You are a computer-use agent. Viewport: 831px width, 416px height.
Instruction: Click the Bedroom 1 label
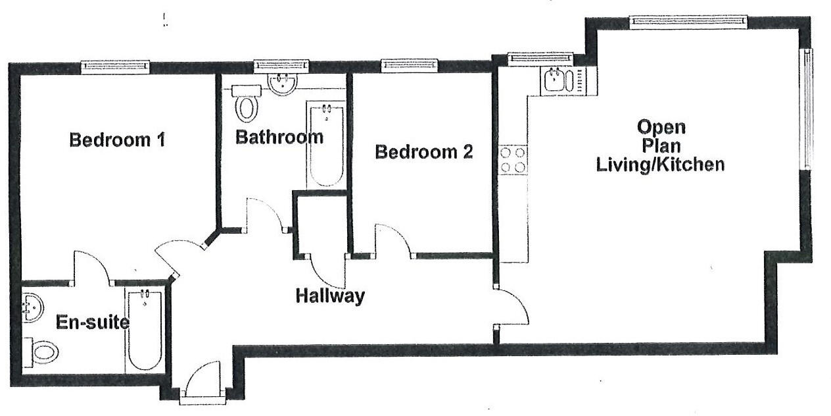(x=116, y=140)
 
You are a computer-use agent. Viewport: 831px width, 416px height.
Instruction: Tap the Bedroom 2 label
(x=423, y=153)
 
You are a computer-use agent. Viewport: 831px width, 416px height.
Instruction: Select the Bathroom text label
(x=279, y=138)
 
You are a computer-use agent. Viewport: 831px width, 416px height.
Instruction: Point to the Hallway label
(x=329, y=296)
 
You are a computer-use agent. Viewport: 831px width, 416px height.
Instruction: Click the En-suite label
(x=92, y=323)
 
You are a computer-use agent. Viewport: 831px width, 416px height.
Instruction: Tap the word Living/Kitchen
(x=660, y=165)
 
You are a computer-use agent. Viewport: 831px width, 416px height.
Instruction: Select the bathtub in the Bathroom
(x=325, y=144)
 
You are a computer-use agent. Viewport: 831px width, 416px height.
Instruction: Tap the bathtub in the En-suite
(x=144, y=330)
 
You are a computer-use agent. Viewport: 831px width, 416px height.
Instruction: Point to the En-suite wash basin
(x=32, y=307)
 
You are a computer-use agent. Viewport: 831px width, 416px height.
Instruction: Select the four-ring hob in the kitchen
(x=513, y=160)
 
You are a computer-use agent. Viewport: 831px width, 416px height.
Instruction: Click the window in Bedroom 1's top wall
(x=116, y=66)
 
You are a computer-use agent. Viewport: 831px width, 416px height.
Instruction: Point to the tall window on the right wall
(x=805, y=109)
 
